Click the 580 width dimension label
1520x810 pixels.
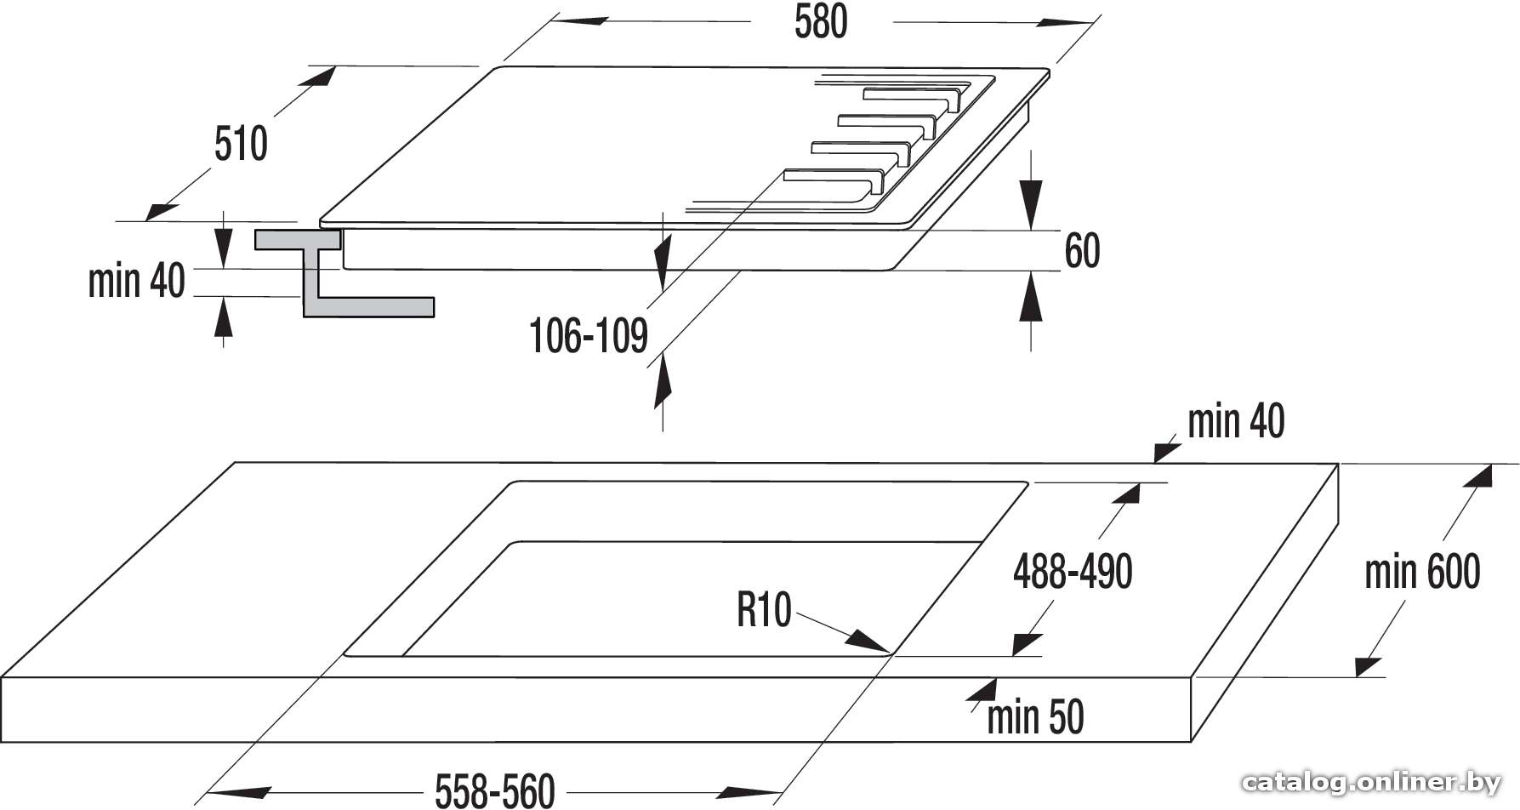(x=821, y=21)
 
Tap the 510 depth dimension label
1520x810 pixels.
(x=241, y=143)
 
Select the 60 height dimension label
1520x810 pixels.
(x=1082, y=251)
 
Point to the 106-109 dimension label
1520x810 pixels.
(x=589, y=335)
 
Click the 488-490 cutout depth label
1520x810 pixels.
(x=1073, y=571)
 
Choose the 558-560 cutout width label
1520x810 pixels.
(x=495, y=790)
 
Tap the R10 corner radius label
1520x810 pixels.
(x=764, y=610)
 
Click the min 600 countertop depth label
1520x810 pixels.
(x=1422, y=572)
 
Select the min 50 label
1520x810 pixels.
(x=1035, y=717)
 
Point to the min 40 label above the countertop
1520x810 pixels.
(x=1236, y=421)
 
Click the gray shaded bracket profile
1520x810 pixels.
(x=344, y=273)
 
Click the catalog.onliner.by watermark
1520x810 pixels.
(x=1371, y=782)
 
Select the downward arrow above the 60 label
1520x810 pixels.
(x=1031, y=190)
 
